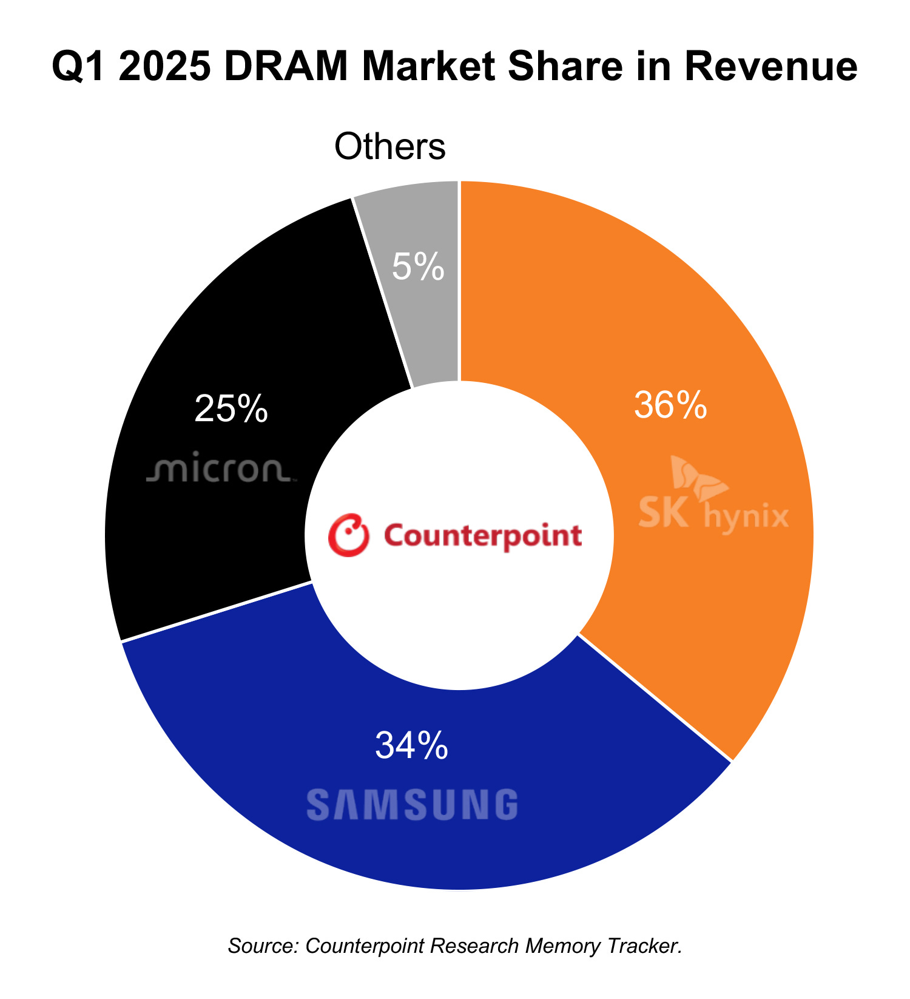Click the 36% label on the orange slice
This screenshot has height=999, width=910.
(670, 405)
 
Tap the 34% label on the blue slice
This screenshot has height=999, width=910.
(412, 745)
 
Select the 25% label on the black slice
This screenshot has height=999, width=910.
(231, 409)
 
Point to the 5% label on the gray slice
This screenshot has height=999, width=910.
(418, 267)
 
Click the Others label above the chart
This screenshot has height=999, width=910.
(390, 147)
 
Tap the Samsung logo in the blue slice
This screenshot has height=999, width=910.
(413, 805)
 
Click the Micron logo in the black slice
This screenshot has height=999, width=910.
(220, 469)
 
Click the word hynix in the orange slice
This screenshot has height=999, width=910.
(746, 518)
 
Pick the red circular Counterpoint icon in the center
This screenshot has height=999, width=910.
(349, 535)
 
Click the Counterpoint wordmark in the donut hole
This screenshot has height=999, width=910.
(483, 535)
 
